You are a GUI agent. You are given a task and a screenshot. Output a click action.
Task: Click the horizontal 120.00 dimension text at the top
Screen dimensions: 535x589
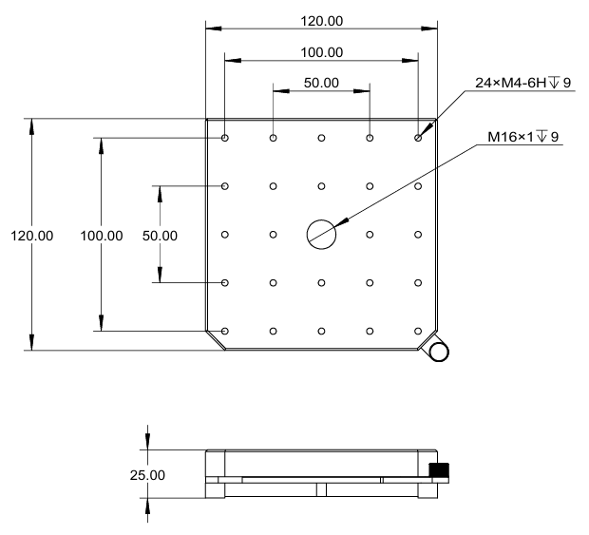tap(321, 20)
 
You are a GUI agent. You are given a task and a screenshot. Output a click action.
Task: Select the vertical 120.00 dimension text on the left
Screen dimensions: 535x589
tap(31, 235)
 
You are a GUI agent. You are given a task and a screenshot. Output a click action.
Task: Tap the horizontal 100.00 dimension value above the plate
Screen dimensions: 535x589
tap(321, 51)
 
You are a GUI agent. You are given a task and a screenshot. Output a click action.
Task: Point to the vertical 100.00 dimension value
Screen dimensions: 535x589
tap(102, 235)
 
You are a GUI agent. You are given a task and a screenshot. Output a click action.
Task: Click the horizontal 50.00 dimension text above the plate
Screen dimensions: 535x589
tap(321, 83)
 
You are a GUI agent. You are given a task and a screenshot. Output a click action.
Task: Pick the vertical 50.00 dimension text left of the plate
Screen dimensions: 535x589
tap(159, 235)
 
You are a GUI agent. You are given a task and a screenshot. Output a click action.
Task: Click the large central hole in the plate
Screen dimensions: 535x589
tap(321, 234)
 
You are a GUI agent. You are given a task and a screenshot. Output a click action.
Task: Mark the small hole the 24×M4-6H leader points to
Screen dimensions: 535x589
tap(418, 138)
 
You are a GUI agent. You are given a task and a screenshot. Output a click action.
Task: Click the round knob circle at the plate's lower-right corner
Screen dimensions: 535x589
tap(439, 352)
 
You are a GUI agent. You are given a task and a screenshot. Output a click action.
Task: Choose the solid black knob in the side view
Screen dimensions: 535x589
tap(439, 470)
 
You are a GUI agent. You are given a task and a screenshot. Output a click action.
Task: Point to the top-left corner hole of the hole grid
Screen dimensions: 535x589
tap(225, 138)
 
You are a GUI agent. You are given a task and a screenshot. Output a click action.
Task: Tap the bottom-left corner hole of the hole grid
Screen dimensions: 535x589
tap(225, 331)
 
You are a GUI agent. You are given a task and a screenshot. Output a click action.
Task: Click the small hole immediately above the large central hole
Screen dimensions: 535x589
tap(321, 186)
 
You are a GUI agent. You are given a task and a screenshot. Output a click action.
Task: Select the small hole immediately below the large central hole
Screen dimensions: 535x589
tap(321, 282)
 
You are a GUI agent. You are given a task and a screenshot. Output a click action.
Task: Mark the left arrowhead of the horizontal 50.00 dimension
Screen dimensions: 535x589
tap(278, 92)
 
